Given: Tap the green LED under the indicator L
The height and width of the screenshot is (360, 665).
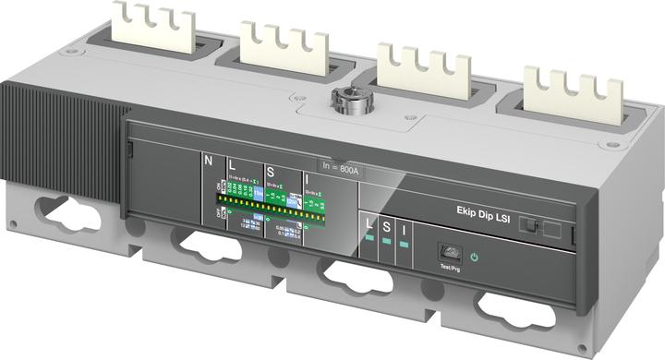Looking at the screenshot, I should coord(369,242).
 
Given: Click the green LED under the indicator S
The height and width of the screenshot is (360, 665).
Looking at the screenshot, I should coord(388,245).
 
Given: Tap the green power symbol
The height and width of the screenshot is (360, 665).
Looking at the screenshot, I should coord(474,258).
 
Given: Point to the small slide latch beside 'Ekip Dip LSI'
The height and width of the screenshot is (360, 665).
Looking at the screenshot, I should coord(527,224).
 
